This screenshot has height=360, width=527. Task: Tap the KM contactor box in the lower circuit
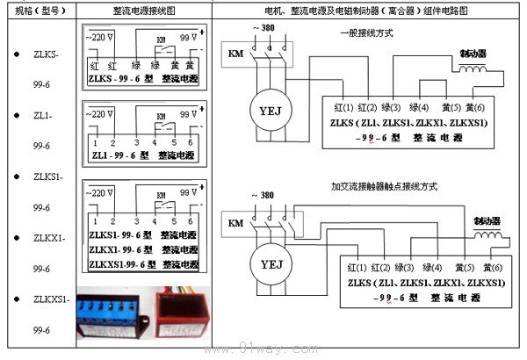235,222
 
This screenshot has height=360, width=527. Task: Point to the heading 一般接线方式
368,34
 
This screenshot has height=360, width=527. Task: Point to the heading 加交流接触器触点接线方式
384,186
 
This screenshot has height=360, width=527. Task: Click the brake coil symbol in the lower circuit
487,234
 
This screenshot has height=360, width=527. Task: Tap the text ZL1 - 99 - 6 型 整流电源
144,152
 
